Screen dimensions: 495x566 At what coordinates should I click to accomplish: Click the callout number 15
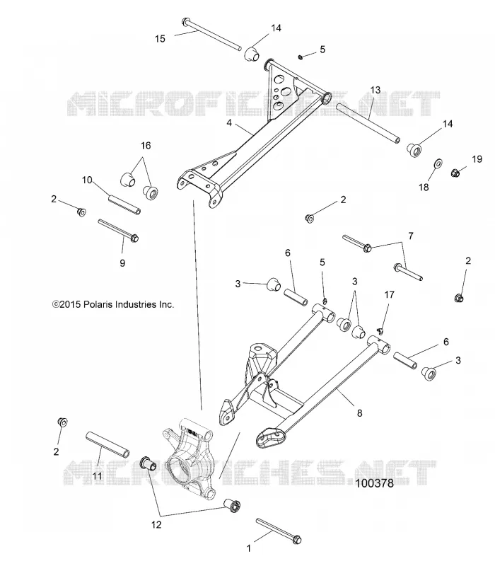tap(160, 39)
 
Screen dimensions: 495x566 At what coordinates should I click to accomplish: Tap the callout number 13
tap(375, 90)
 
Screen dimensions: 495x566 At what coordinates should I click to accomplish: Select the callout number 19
tap(477, 159)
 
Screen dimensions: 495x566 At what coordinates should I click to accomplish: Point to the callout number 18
tap(424, 187)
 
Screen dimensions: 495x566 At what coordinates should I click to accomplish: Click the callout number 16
tap(146, 146)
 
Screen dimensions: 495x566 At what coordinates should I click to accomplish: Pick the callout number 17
tap(390, 295)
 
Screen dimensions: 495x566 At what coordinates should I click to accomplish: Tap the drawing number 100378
tap(375, 483)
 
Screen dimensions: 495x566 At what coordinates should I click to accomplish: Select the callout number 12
tap(156, 524)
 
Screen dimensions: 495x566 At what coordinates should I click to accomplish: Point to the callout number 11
tap(98, 476)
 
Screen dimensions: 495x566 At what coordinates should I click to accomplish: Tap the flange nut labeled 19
tap(456, 173)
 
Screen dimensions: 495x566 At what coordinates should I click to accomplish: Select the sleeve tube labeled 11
tap(107, 445)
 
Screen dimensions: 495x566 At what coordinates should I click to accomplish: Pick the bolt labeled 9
tap(118, 229)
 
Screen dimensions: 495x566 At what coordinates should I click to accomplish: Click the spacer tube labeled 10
tap(124, 204)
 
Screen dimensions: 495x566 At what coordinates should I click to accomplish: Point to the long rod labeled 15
tap(211, 34)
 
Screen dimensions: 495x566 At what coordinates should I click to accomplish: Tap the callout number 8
tap(359, 413)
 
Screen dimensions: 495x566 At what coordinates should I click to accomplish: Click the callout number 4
tap(229, 123)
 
